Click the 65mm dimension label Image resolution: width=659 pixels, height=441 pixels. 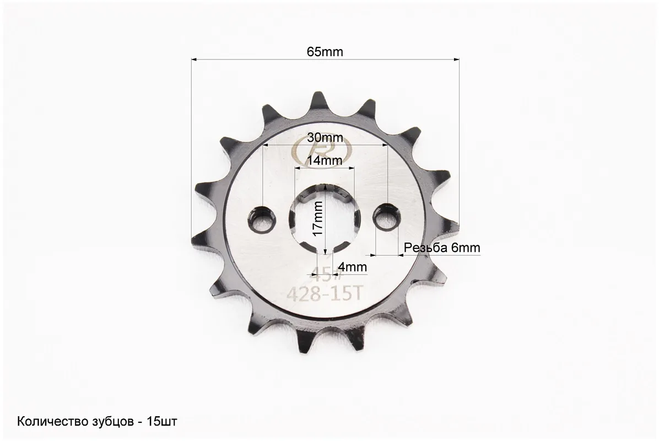click(325, 52)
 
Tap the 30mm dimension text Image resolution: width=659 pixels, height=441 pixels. click(325, 137)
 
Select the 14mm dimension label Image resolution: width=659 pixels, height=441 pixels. click(324, 160)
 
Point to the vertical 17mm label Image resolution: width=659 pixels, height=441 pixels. click(318, 218)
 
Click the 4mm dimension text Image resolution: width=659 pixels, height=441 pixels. click(352, 267)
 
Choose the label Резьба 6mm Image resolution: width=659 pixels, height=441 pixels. click(442, 248)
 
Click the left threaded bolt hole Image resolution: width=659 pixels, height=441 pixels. click(262, 219)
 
